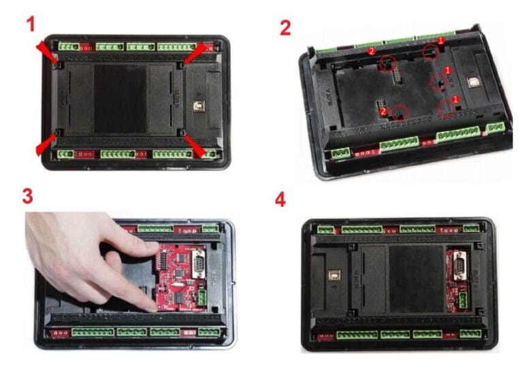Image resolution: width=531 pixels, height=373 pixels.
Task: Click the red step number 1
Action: [30, 25]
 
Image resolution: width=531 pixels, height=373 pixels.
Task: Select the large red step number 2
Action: [286, 27]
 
